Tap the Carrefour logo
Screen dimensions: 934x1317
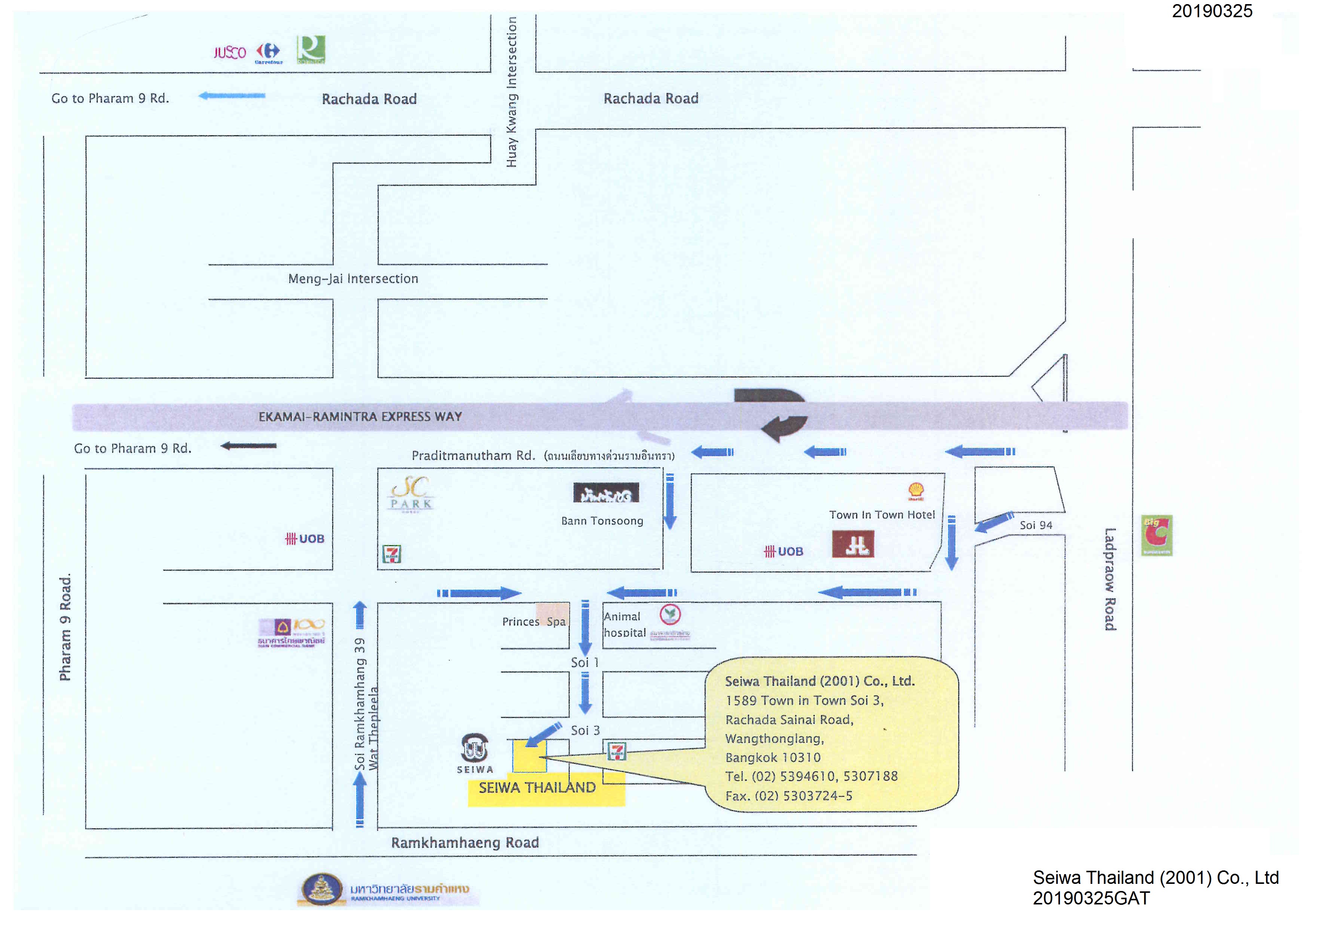(269, 52)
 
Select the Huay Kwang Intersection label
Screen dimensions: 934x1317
(511, 92)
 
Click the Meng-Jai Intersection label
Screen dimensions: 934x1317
(353, 279)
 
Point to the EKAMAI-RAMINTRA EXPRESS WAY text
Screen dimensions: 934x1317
(360, 416)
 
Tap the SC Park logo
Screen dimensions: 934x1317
(411, 494)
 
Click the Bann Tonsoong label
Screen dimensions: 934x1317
(602, 521)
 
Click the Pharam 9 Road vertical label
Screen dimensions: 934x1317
(65, 627)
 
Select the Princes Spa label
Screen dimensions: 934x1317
(534, 622)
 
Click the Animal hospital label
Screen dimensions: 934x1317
(624, 625)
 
